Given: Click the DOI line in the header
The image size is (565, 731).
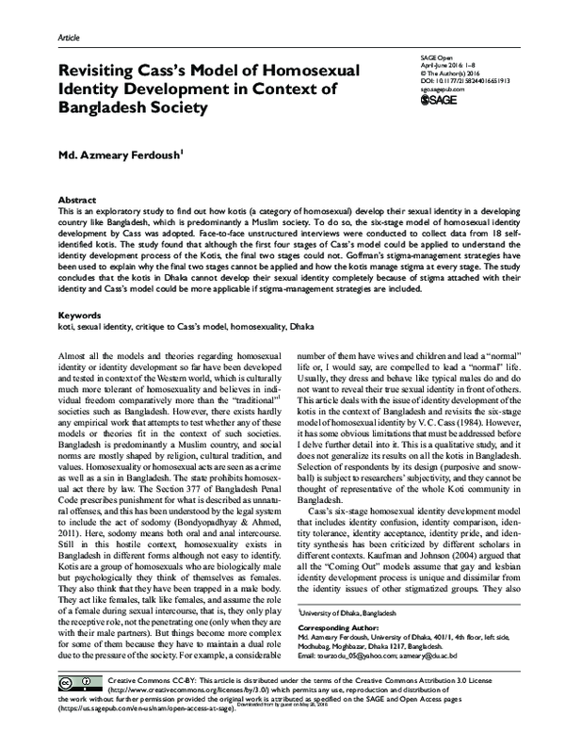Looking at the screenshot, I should [x=462, y=79].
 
